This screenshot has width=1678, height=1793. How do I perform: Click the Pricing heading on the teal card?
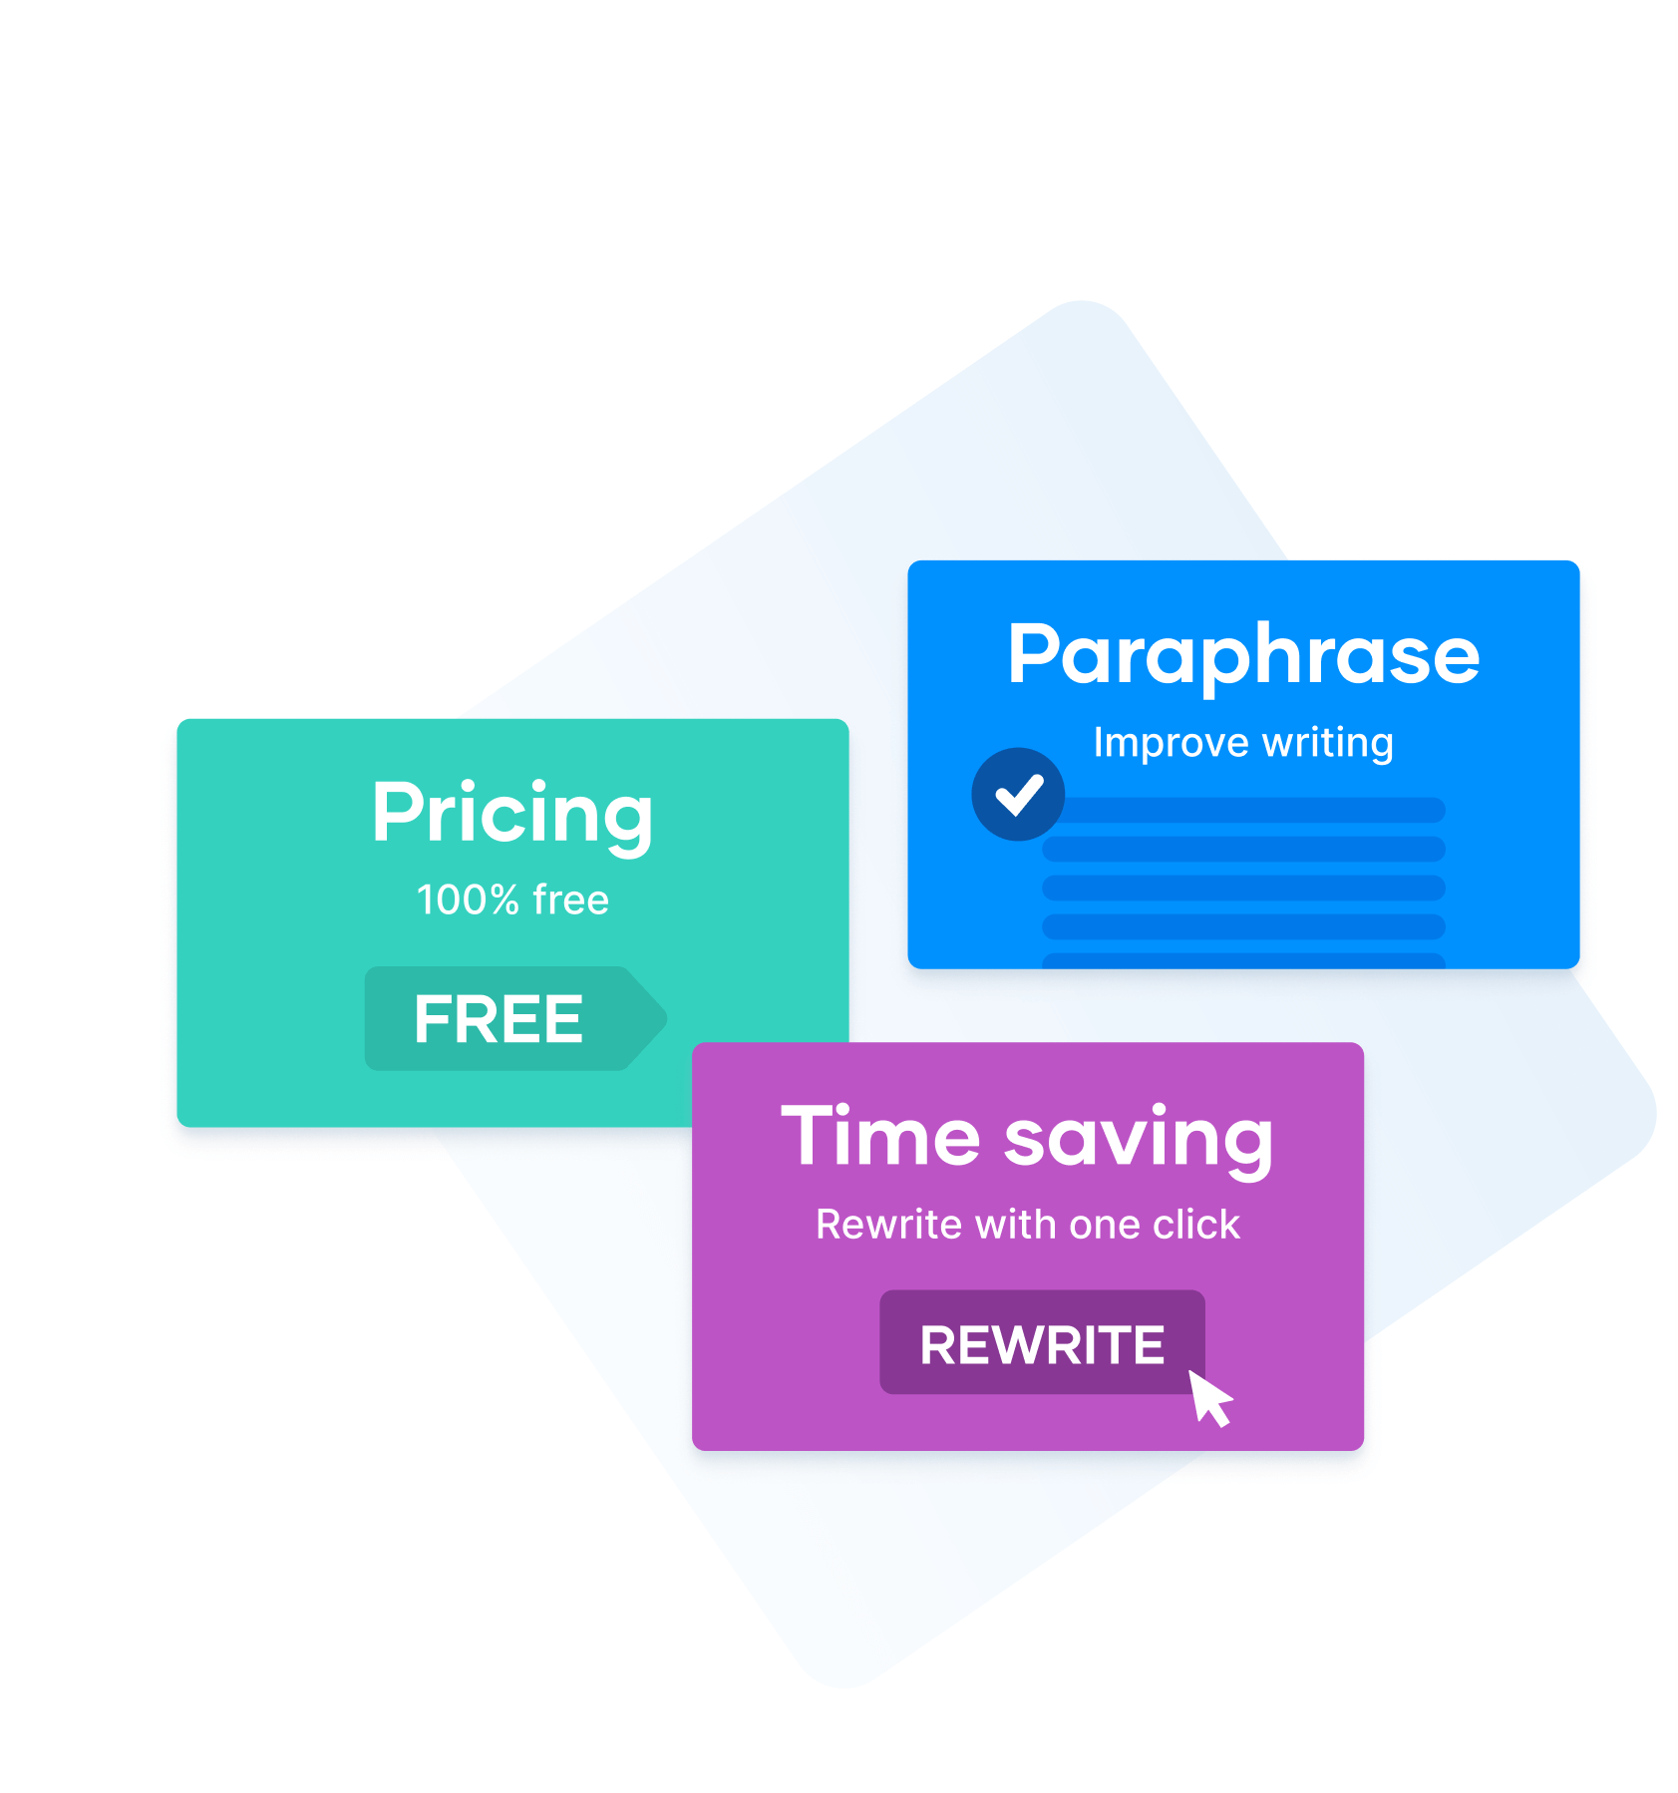511,813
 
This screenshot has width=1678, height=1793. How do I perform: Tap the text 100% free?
511,899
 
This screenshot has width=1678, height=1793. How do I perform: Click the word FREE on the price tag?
498,1019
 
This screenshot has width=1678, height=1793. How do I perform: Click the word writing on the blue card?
1328,743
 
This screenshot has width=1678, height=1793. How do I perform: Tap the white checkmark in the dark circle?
1018,795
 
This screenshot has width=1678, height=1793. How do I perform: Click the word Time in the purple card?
880,1137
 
